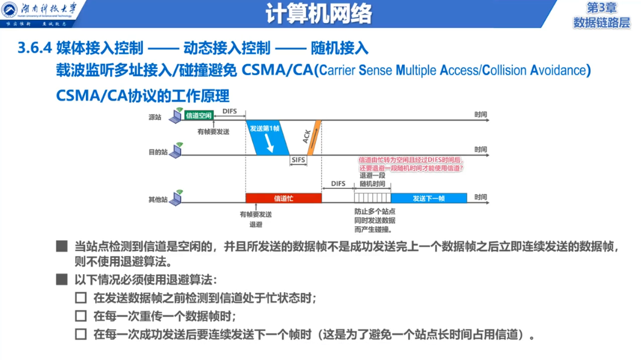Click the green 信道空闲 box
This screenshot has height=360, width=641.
(199, 115)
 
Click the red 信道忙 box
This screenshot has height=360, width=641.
(283, 198)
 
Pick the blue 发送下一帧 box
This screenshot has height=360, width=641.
(429, 198)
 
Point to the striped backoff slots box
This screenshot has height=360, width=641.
(372, 198)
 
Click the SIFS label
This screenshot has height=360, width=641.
(298, 160)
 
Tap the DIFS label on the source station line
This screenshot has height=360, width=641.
(229, 111)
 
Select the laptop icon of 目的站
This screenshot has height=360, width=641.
(177, 151)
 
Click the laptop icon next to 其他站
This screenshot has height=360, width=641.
(177, 197)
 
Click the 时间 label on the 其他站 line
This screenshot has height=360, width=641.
(481, 197)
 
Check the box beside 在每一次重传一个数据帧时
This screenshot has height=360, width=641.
(81, 316)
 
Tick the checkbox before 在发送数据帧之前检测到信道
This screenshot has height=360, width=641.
(81, 298)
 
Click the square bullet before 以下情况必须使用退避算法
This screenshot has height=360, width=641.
(61, 280)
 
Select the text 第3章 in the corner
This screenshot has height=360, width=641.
(601, 8)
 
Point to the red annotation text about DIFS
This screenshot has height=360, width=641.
(411, 164)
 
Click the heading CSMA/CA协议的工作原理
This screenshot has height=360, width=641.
(143, 96)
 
